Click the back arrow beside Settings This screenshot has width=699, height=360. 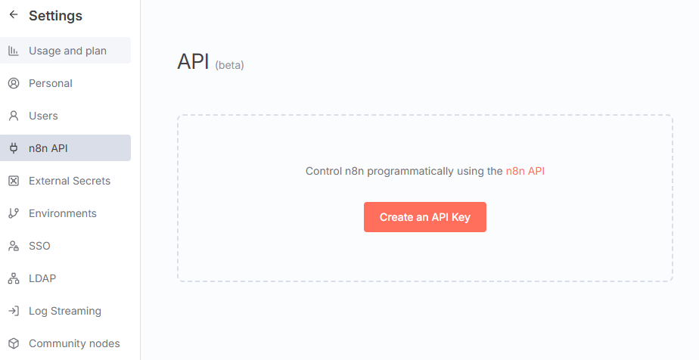click(x=14, y=15)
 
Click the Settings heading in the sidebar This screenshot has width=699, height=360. click(x=55, y=16)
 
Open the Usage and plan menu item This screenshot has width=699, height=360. click(x=67, y=51)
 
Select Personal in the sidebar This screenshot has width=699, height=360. click(x=51, y=83)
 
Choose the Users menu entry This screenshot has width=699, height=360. click(x=43, y=116)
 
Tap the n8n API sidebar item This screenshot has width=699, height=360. click(x=48, y=148)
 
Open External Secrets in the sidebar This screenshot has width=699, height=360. click(x=70, y=181)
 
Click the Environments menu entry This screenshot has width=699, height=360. click(x=63, y=213)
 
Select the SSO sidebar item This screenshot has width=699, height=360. click(x=39, y=246)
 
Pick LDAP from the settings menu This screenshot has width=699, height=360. click(x=42, y=278)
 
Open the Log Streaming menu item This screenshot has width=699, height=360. click(x=65, y=311)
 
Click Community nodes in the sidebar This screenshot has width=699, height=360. click(x=74, y=343)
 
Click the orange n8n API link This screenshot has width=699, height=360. click(x=525, y=171)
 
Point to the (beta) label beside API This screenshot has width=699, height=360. click(x=229, y=66)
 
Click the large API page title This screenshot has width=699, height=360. click(x=193, y=62)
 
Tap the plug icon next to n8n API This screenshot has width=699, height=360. click(x=14, y=148)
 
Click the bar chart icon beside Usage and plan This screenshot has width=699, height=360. click(x=14, y=51)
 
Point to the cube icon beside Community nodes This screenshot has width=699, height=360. click(x=14, y=343)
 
